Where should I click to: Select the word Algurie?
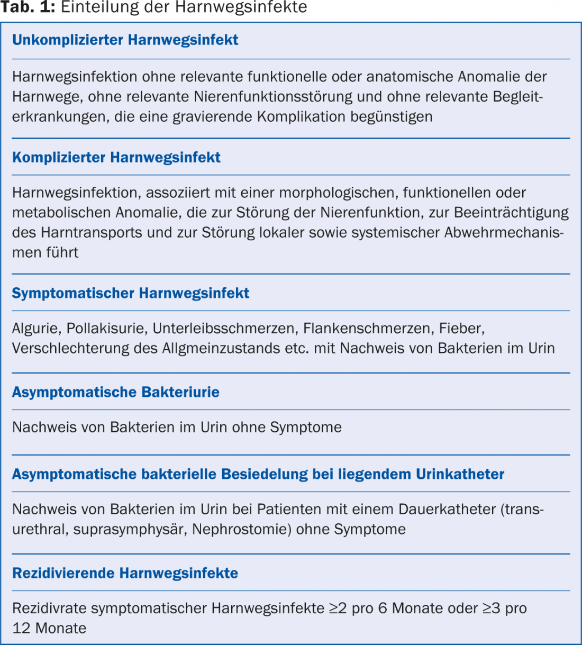pos(35,329)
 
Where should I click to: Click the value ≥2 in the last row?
pos(338,608)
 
